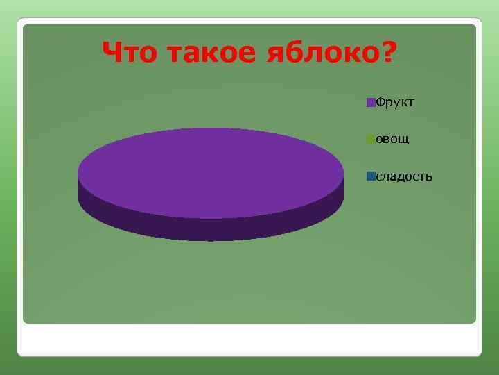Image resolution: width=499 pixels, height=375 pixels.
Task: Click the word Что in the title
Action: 125,51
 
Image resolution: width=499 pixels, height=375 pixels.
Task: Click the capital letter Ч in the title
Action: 110,51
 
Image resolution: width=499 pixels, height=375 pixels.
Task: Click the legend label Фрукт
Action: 394,103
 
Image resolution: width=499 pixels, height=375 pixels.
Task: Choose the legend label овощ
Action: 392,140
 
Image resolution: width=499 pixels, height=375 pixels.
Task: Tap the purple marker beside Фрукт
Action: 371,103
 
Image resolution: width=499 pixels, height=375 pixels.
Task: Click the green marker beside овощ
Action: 371,140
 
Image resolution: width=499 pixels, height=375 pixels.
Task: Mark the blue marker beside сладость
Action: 371,176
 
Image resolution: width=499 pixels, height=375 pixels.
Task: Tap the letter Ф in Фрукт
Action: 380,103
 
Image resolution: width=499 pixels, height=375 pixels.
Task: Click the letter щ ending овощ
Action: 404,140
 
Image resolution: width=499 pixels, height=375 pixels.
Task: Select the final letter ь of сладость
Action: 430,176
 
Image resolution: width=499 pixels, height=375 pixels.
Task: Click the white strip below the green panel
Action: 249,340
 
